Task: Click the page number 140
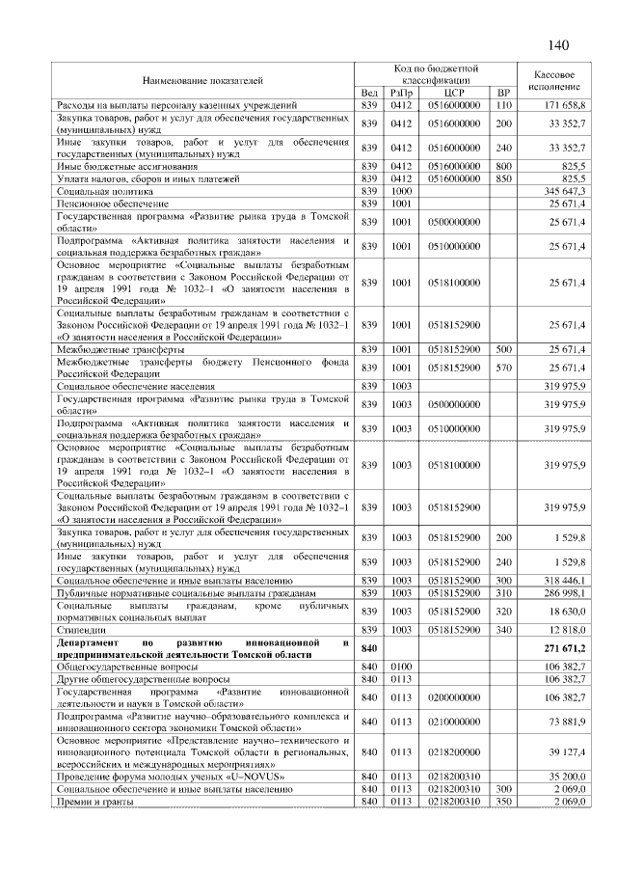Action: (559, 45)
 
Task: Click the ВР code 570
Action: (502, 368)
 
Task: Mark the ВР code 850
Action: (502, 179)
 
